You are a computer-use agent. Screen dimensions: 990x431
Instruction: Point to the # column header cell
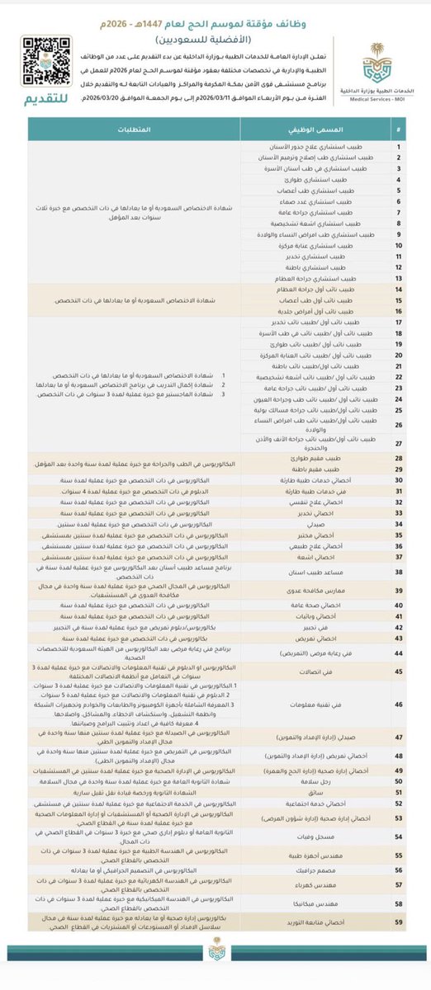click(x=399, y=131)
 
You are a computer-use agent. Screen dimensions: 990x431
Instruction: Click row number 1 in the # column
click(x=399, y=147)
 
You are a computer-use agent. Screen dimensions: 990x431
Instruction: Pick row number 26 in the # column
click(x=399, y=426)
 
